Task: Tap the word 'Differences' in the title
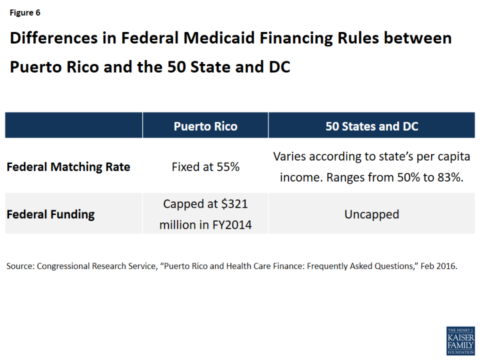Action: pyautogui.click(x=52, y=39)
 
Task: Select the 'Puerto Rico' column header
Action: pyautogui.click(x=205, y=126)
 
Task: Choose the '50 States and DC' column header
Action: pyautogui.click(x=372, y=126)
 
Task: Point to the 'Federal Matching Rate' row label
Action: pyautogui.click(x=69, y=167)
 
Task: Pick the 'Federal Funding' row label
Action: pyautogui.click(x=51, y=214)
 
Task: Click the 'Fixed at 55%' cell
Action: pyautogui.click(x=205, y=167)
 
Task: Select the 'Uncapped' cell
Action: pyautogui.click(x=372, y=214)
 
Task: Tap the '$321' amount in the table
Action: pyautogui.click(x=233, y=204)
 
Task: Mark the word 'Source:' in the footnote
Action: pyautogui.click(x=22, y=266)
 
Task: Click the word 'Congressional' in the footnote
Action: pyautogui.click(x=69, y=266)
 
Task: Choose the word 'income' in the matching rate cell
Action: pyautogui.click(x=296, y=176)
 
